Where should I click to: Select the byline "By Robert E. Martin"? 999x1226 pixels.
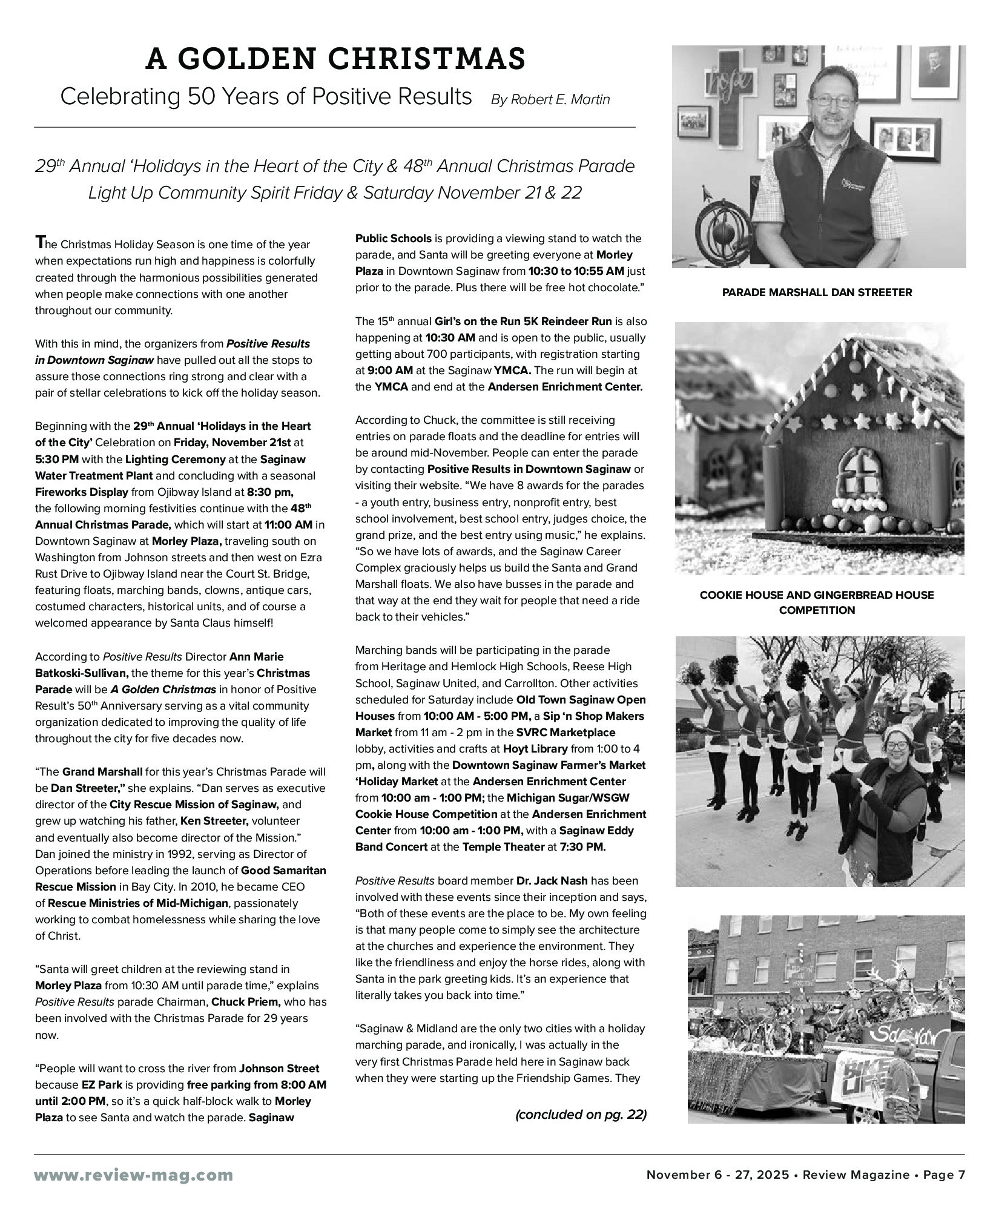pyautogui.click(x=551, y=99)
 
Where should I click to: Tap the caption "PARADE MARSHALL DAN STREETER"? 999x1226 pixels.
pyautogui.click(x=817, y=292)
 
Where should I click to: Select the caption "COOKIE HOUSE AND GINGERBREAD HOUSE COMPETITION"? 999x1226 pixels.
pyautogui.click(x=817, y=602)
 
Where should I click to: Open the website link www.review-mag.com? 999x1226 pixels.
pyautogui.click(x=134, y=1175)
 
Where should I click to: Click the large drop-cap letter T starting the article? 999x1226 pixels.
pyautogui.click(x=39, y=242)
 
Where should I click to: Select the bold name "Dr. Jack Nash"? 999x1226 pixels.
pyautogui.click(x=552, y=880)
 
